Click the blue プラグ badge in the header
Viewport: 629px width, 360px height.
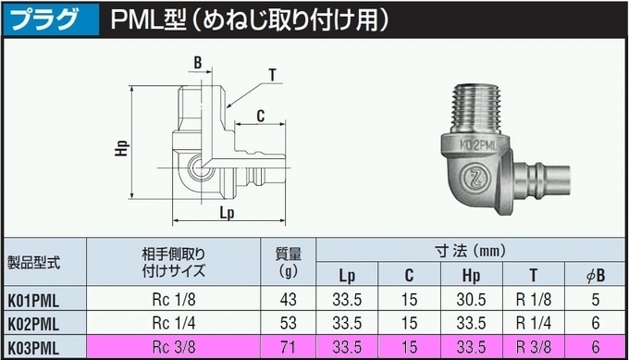click(x=50, y=19)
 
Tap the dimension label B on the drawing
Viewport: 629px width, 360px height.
click(x=198, y=63)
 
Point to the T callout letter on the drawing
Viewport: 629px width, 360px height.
click(x=273, y=75)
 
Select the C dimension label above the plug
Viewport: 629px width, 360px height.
click(x=261, y=116)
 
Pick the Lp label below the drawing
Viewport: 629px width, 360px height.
click(x=227, y=212)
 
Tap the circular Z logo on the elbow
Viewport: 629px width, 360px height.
click(x=475, y=177)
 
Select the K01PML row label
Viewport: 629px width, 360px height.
click(x=33, y=300)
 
